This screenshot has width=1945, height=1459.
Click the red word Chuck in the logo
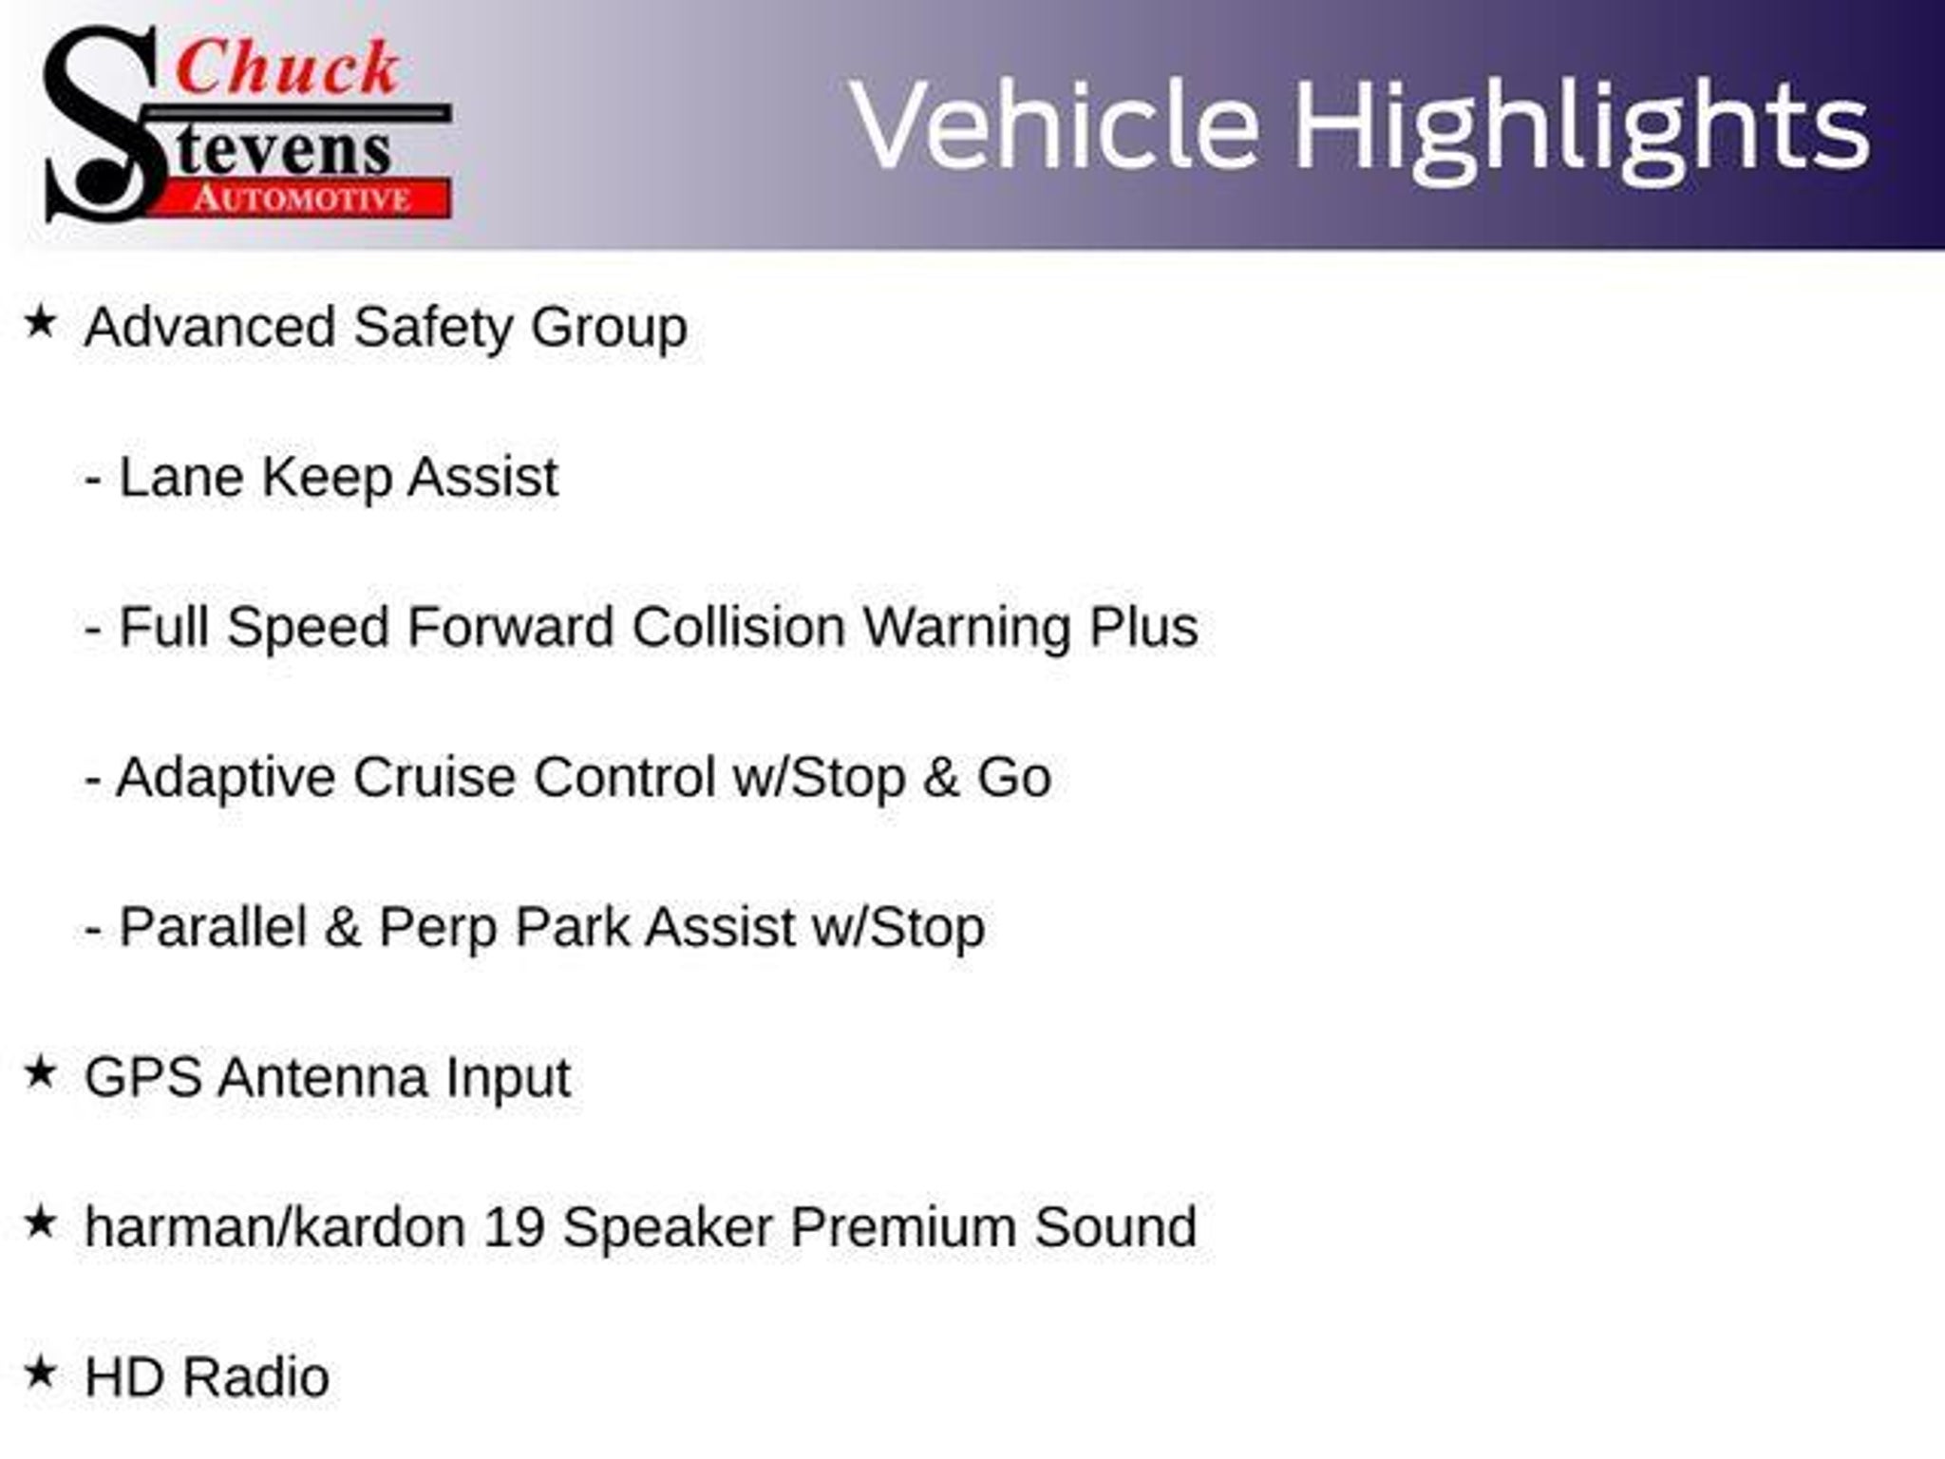click(x=287, y=68)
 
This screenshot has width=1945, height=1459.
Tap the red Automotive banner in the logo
click(x=304, y=199)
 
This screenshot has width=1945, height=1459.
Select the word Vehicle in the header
click(x=1055, y=125)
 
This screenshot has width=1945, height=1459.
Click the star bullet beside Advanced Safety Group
click(x=40, y=322)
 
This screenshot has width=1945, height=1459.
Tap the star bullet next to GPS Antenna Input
click(x=40, y=1072)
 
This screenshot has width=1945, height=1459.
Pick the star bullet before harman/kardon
click(x=40, y=1222)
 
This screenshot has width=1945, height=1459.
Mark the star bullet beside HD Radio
click(x=40, y=1373)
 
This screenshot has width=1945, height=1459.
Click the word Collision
click(x=739, y=627)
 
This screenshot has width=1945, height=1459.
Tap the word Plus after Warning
click(x=1143, y=627)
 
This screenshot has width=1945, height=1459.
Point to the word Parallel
click(x=213, y=927)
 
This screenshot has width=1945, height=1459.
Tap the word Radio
click(x=255, y=1377)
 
